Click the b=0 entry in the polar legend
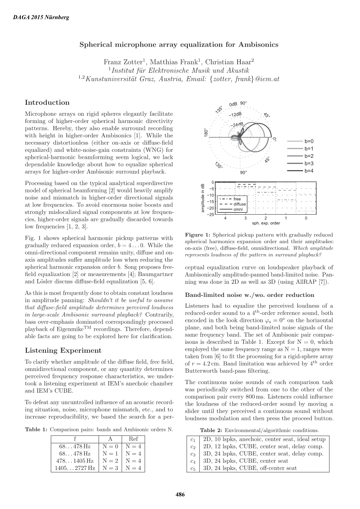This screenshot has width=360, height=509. tap(308, 142)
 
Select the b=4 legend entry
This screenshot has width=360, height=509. tap(308, 171)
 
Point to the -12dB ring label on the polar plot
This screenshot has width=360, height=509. tap(235, 114)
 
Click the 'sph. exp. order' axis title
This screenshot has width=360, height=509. tap(266, 223)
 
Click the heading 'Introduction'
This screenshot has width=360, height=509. tap(47, 103)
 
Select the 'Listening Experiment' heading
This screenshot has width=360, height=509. tap(63, 351)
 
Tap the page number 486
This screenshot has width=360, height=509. tap(180, 495)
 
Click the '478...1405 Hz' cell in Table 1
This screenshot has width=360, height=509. tap(75, 461)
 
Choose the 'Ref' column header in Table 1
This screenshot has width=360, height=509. tap(133, 439)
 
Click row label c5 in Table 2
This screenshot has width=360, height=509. tap(193, 468)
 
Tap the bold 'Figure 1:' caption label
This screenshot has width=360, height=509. tap(198, 235)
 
